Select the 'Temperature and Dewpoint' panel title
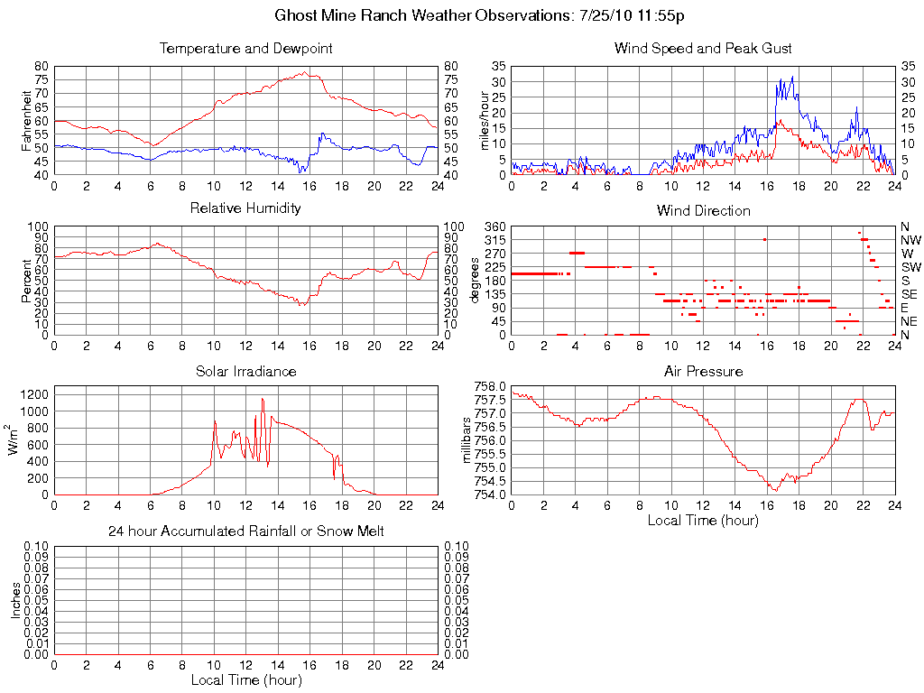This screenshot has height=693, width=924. [x=245, y=48]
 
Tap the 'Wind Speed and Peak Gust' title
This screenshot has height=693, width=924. [x=703, y=48]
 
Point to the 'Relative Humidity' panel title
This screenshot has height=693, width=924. [x=245, y=208]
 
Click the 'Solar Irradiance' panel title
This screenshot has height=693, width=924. [x=245, y=371]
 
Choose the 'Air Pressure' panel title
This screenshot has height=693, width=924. [x=703, y=371]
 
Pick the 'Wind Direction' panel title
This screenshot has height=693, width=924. [x=703, y=210]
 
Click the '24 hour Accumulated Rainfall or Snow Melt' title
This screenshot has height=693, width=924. [x=245, y=531]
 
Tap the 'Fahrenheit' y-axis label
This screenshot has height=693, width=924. [x=28, y=120]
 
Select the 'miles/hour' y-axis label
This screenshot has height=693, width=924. [x=485, y=120]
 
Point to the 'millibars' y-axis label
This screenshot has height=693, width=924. [x=467, y=439]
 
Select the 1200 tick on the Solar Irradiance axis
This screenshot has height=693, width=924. [x=33, y=394]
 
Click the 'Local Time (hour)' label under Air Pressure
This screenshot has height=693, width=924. [x=703, y=520]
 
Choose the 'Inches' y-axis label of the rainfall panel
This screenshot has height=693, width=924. [x=15, y=600]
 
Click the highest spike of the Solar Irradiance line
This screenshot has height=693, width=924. [x=263, y=399]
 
